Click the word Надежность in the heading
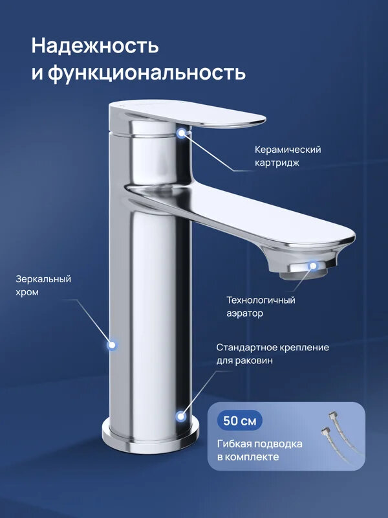pyautogui.click(x=95, y=47)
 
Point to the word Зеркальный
pyautogui.click(x=43, y=279)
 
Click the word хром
pyautogui.click(x=28, y=293)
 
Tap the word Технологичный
pyautogui.click(x=261, y=300)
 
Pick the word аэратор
pyautogui.click(x=244, y=313)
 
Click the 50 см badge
pyautogui.click(x=239, y=421)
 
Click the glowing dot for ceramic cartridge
pyautogui.click(x=182, y=133)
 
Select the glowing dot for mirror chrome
pyautogui.click(x=111, y=344)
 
